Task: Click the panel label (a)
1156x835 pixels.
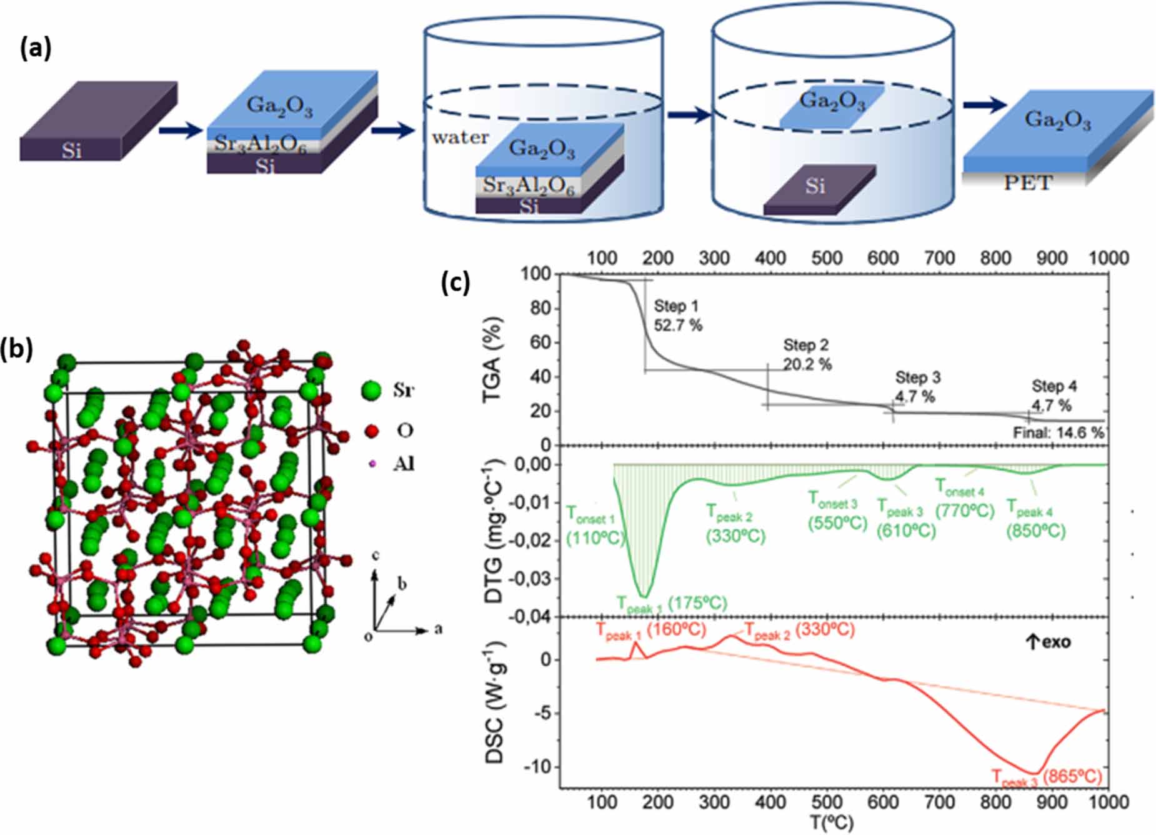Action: [x=36, y=48]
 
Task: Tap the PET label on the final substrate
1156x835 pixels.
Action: [x=1027, y=182]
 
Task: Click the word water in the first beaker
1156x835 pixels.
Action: [x=460, y=137]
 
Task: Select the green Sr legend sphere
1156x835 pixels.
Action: [x=371, y=391]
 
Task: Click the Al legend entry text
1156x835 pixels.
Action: [x=404, y=464]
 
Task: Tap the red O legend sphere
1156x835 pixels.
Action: [x=372, y=430]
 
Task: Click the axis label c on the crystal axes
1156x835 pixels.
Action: [x=375, y=555]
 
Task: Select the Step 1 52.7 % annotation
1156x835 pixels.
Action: [x=677, y=316]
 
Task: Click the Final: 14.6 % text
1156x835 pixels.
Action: [x=1058, y=432]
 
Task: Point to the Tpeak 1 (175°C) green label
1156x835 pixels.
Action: [x=672, y=604]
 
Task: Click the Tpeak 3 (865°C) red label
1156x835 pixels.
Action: [x=1047, y=777]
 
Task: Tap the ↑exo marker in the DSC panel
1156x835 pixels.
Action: [x=1048, y=642]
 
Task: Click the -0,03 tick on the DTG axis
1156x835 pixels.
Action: [x=532, y=579]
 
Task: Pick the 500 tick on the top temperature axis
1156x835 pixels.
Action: [x=826, y=257]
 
